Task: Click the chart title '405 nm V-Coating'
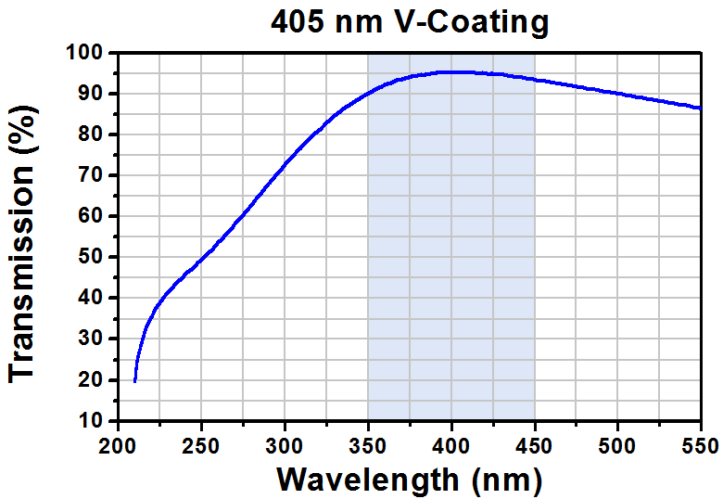(x=410, y=21)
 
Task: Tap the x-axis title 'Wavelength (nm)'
(x=409, y=479)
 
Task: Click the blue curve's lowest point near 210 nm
(x=135, y=380)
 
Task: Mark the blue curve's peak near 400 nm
(x=454, y=71)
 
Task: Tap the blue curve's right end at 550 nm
(x=700, y=109)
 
